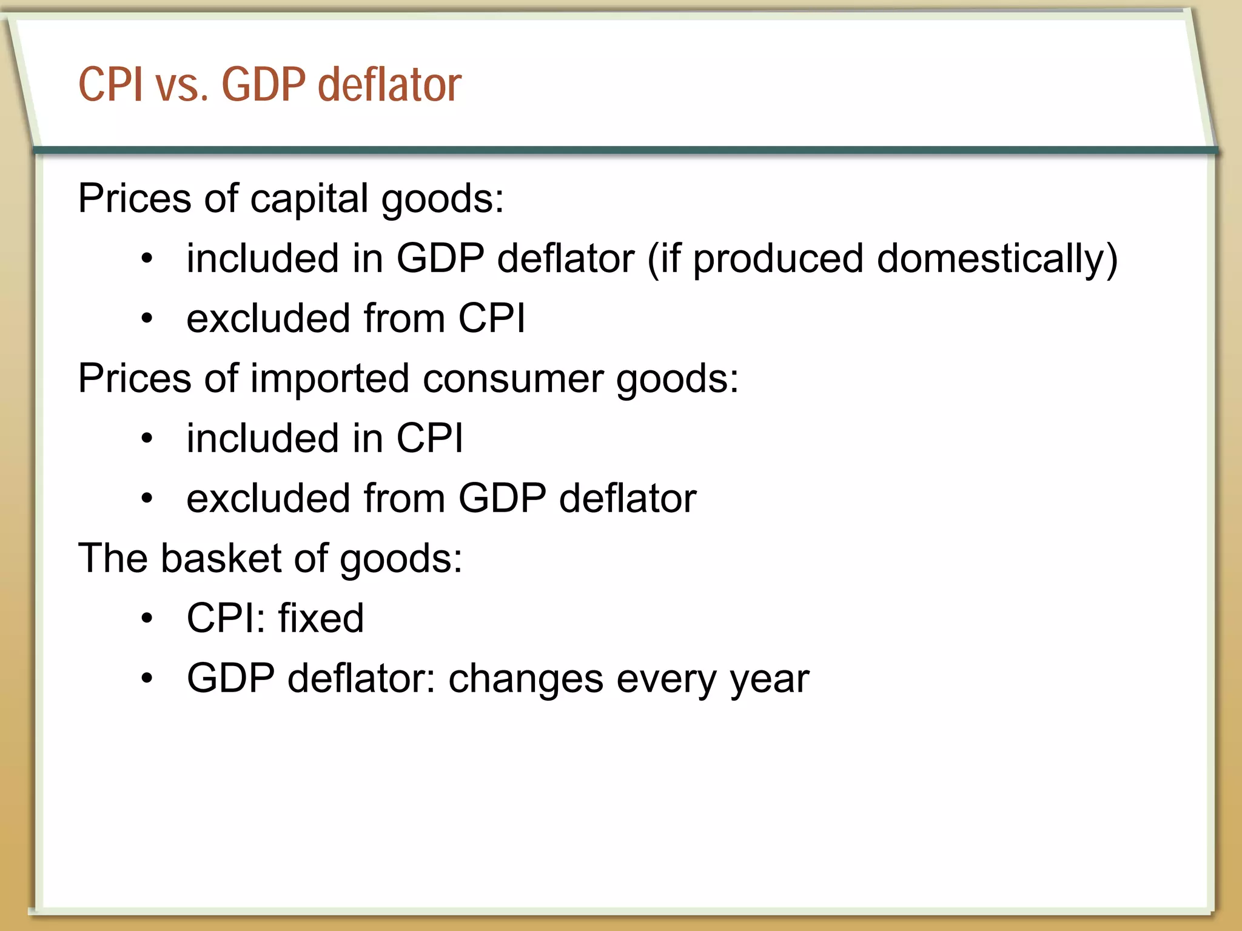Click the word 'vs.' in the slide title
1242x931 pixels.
[182, 84]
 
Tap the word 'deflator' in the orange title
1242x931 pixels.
[389, 84]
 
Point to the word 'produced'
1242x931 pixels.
[778, 259]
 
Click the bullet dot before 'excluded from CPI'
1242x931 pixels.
[147, 318]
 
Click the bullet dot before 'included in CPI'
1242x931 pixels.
[147, 438]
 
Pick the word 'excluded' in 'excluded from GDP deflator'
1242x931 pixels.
[269, 498]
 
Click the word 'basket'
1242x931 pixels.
[221, 558]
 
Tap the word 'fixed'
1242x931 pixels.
[321, 618]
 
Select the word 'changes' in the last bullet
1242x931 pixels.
[526, 678]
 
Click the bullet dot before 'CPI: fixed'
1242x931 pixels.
[147, 619]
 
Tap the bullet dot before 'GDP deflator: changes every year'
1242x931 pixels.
[147, 679]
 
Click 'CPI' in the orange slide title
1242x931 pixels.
[111, 84]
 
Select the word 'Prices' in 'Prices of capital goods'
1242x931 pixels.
[135, 199]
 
